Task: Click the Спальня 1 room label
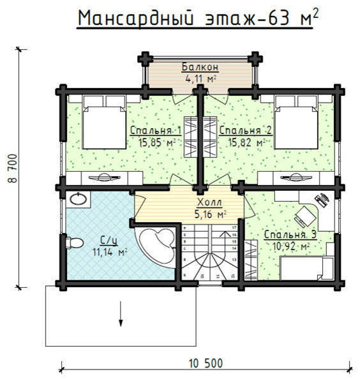156,131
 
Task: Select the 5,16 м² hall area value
210,214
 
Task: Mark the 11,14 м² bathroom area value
110,252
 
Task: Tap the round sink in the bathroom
79,200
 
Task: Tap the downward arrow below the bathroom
120,315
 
